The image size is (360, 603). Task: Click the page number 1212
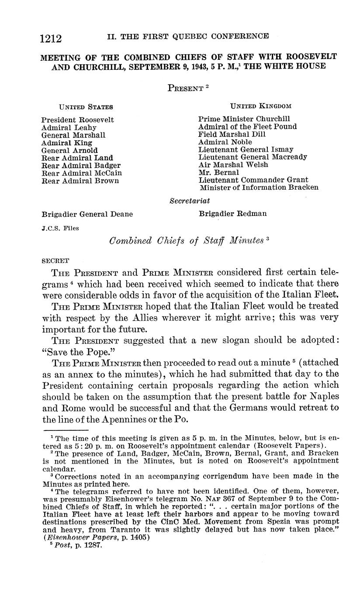pos(51,39)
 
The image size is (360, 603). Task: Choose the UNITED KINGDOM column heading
pos(260,106)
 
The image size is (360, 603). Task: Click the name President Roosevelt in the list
pos(78,120)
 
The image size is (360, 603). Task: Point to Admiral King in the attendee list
pos(67,143)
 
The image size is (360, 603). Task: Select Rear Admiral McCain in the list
pos(82,173)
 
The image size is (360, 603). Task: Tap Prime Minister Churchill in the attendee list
pos(244,119)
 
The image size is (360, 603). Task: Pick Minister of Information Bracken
pos(259,187)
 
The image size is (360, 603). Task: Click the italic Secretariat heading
pos(190,201)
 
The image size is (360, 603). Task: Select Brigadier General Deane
pos(87,215)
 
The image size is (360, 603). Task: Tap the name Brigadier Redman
pos(232,214)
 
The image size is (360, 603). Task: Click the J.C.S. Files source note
pos(60,228)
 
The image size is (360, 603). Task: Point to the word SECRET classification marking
pos(55,261)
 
